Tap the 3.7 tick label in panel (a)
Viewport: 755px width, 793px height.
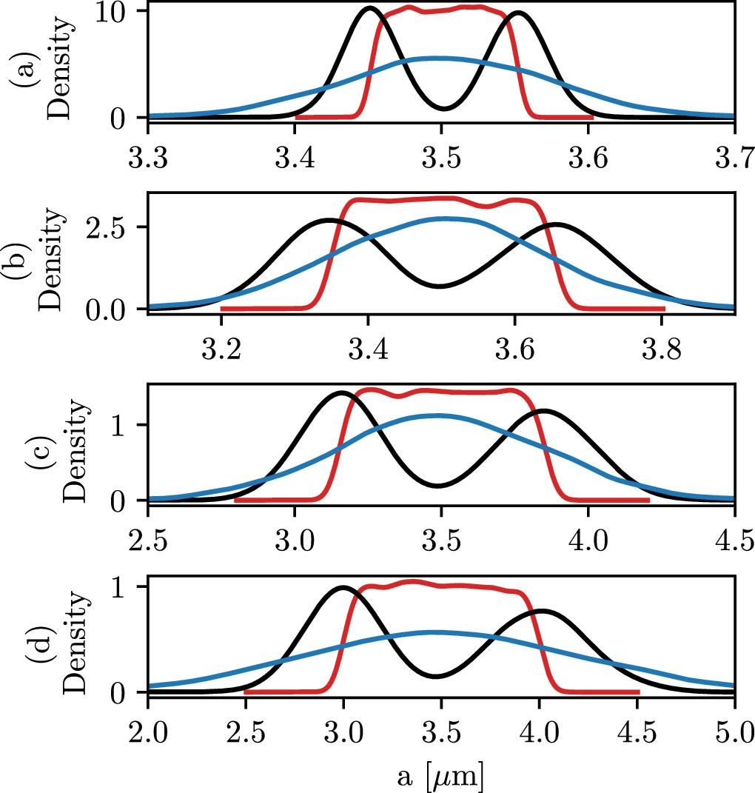[x=734, y=158]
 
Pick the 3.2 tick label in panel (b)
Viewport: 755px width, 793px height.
[x=221, y=349]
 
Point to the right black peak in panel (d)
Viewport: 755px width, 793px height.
[x=543, y=610]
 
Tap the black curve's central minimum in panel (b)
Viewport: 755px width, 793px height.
[x=440, y=286]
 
